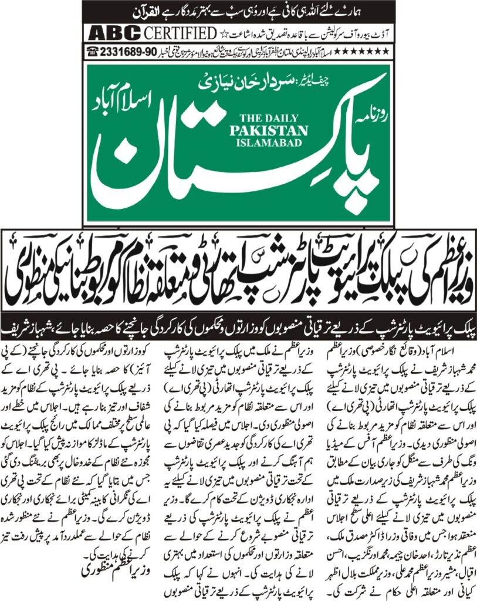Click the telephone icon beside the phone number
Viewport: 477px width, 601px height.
(x=92, y=51)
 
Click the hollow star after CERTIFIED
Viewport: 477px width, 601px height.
(x=224, y=32)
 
